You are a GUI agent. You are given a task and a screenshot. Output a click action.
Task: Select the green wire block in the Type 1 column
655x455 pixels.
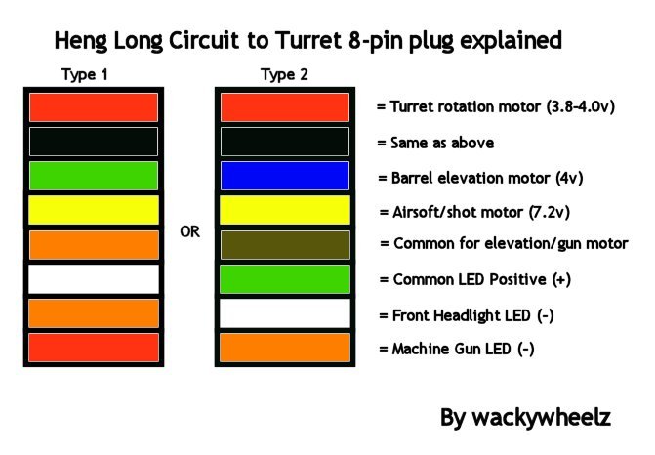click(94, 176)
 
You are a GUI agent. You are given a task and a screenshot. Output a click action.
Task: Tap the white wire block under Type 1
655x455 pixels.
click(94, 279)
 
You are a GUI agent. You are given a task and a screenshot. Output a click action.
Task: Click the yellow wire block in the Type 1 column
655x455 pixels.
click(94, 210)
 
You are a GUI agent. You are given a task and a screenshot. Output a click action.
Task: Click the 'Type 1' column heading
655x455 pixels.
click(85, 74)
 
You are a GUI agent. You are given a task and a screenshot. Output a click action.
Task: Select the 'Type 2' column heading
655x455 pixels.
click(284, 74)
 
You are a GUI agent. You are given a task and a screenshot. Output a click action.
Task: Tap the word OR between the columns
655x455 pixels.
click(191, 232)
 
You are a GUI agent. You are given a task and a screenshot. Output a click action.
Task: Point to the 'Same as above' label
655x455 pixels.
click(435, 143)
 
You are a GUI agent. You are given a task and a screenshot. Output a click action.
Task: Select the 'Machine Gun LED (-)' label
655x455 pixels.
click(456, 349)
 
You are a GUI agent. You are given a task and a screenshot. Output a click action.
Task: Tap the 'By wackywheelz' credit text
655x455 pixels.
click(526, 418)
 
